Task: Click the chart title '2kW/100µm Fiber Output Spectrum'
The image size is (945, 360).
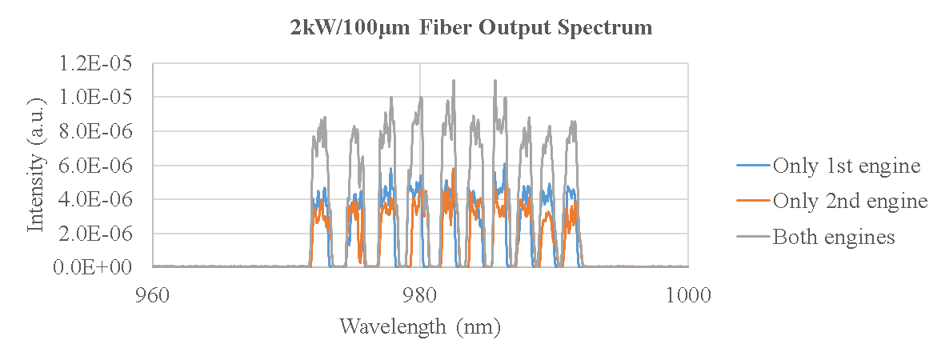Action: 471,27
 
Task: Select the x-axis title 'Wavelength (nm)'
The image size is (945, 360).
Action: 420,326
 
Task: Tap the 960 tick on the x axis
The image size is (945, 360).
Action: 152,294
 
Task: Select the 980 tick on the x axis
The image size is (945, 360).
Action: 420,294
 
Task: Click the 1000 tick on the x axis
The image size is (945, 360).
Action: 688,294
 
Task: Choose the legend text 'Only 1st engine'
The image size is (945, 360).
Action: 847,166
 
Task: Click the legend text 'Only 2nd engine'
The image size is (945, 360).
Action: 850,201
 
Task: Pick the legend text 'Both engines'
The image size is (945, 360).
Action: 833,237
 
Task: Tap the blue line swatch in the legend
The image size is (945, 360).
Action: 753,166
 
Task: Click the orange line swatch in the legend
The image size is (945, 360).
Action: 753,202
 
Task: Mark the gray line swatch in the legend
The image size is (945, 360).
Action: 753,238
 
